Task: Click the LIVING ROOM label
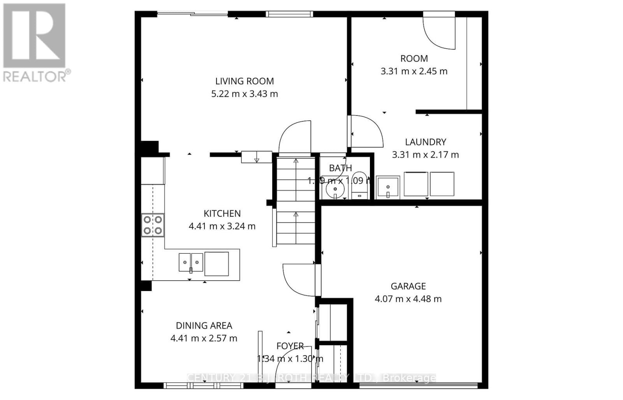(x=245, y=81)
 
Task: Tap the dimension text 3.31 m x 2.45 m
(x=414, y=71)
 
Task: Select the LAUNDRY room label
(x=425, y=142)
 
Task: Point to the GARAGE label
(x=408, y=286)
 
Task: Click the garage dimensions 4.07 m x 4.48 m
(x=408, y=299)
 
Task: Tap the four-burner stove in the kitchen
(x=153, y=225)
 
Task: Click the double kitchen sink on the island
(x=191, y=262)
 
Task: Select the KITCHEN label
(x=222, y=213)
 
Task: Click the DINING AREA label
(x=204, y=325)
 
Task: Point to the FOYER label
(x=290, y=346)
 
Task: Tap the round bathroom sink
(x=334, y=191)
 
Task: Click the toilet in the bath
(x=359, y=186)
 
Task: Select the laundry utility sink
(x=388, y=188)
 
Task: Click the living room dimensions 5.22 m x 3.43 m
(x=245, y=94)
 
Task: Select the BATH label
(x=340, y=168)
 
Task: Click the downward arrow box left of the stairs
(x=256, y=157)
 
